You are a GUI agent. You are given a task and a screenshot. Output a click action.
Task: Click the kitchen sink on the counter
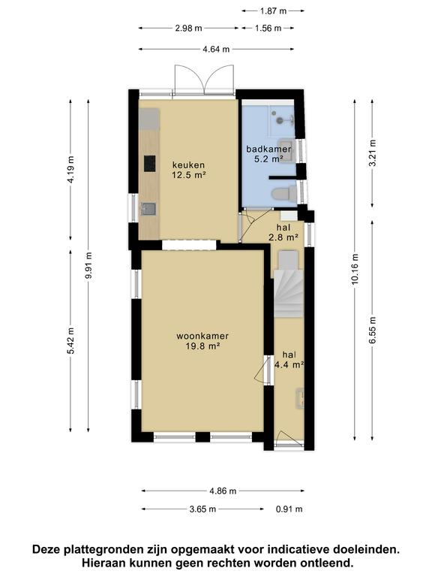[148, 209]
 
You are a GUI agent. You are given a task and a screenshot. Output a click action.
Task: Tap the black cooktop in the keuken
[149, 162]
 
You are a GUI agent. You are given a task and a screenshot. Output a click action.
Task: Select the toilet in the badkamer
[282, 194]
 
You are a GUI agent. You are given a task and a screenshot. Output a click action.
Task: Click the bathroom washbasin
[286, 145]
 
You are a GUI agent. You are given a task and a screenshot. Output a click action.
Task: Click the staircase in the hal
[288, 289]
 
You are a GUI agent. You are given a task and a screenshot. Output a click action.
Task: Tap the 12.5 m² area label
[188, 176]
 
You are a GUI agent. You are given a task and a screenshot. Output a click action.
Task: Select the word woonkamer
[202, 336]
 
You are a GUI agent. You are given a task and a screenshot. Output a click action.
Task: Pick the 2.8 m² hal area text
[283, 237]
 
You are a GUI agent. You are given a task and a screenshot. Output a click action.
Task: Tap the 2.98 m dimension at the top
[188, 28]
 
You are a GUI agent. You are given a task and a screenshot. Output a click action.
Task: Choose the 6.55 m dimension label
[373, 328]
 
